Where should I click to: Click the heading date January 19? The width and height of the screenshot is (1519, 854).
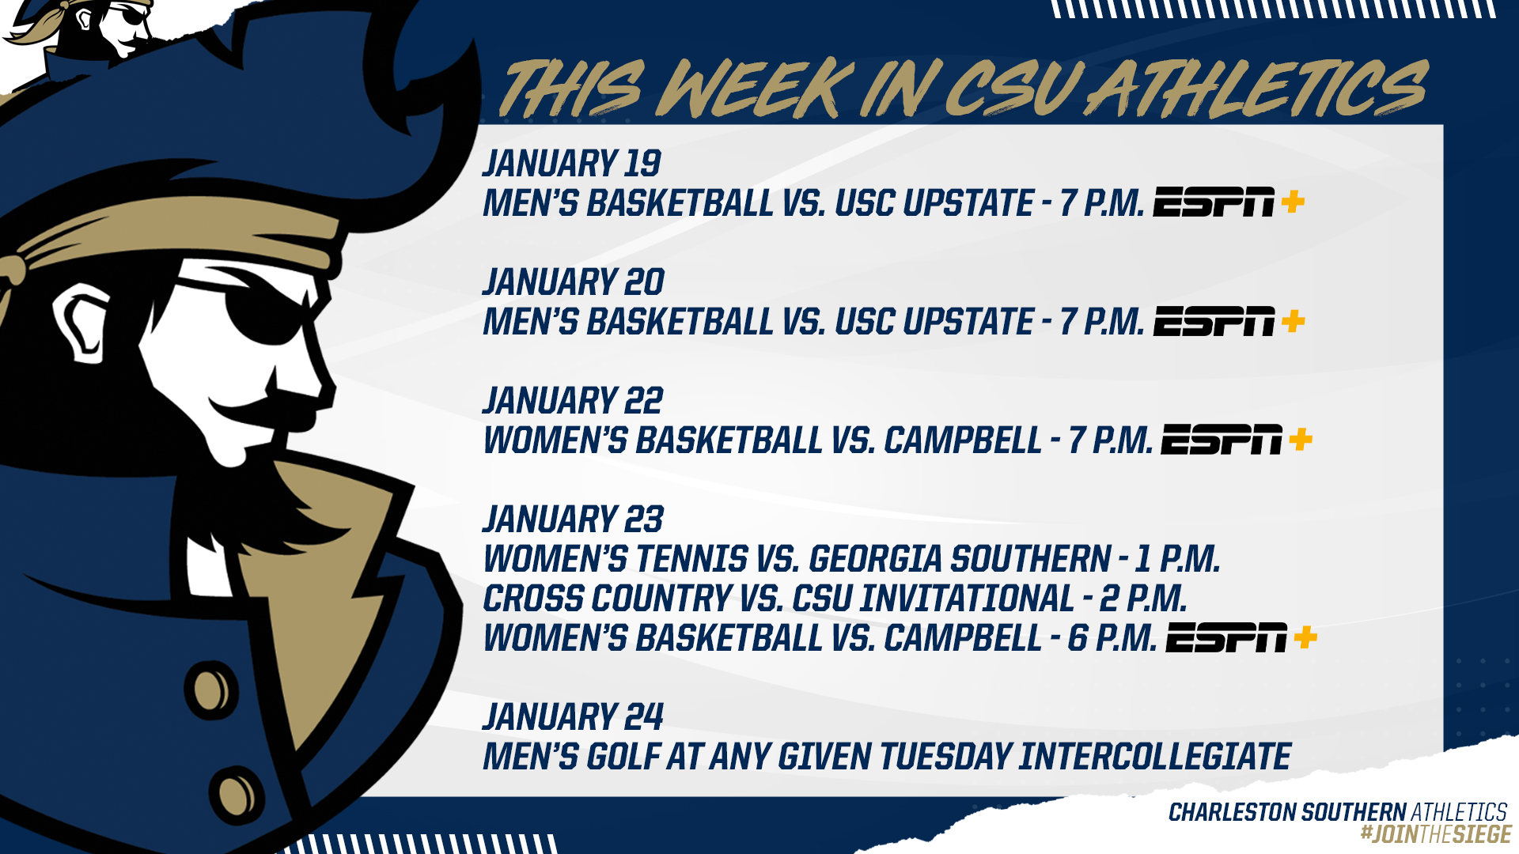coord(572,164)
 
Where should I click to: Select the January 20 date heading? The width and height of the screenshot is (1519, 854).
coord(574,282)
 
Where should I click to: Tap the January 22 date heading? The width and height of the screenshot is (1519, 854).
coord(573,401)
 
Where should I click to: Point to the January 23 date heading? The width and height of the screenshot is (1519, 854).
coord(573,520)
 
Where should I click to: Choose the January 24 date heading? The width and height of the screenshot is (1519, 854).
coord(573,717)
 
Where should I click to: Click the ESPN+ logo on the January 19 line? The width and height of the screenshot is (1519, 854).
coord(1229,202)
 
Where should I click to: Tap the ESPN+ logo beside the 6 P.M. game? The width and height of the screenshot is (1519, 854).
coord(1241,637)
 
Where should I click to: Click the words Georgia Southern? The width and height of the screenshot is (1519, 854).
coord(960,559)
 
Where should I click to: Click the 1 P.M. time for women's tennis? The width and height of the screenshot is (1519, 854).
coord(1177,559)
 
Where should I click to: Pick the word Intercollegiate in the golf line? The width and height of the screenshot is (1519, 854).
coord(1154,757)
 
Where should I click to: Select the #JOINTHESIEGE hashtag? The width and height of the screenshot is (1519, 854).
coord(1436,834)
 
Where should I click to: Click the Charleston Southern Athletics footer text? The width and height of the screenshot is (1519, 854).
coord(1338,812)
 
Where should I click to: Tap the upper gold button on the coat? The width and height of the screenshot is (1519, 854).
coord(211,690)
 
